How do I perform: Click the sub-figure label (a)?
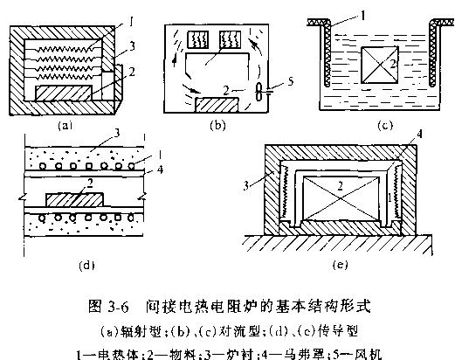[x=65, y=126]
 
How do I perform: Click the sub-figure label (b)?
[x=217, y=125]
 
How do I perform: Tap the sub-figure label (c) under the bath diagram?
[x=385, y=125]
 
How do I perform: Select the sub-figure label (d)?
[x=86, y=266]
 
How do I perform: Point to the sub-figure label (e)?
[x=340, y=265]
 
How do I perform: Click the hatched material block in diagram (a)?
[x=64, y=93]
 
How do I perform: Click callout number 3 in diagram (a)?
[x=132, y=46]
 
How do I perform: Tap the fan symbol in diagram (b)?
[x=259, y=92]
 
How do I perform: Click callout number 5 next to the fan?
[x=290, y=81]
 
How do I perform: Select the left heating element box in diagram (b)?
[x=197, y=39]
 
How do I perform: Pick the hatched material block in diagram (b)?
[x=217, y=105]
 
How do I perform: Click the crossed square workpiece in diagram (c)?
[x=380, y=65]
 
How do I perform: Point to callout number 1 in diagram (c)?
[x=362, y=16]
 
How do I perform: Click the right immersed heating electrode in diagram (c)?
[x=433, y=55]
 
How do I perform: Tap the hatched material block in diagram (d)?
[x=74, y=200]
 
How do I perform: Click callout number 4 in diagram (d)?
[x=160, y=170]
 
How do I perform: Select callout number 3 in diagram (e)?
[x=246, y=185]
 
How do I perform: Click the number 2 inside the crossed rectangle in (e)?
[x=340, y=185]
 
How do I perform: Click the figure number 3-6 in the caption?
[x=118, y=308]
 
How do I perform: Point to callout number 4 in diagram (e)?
[x=419, y=135]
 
